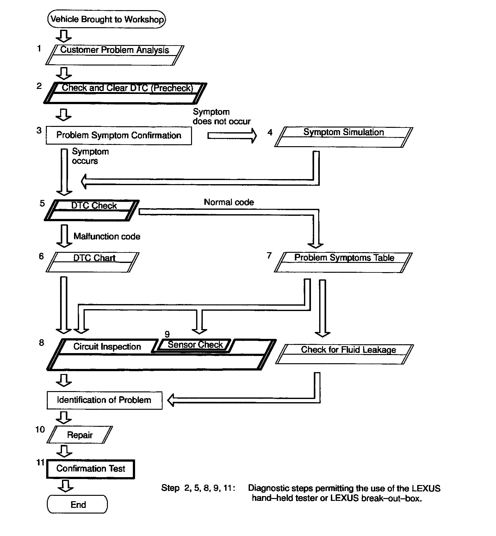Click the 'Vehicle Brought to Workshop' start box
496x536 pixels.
(x=106, y=19)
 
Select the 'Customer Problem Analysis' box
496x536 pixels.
(x=115, y=55)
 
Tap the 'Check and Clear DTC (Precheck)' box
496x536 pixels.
(x=125, y=93)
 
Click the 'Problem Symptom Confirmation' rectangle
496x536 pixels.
(x=119, y=135)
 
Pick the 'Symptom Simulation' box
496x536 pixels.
(x=344, y=137)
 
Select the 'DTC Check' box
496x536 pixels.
(x=92, y=210)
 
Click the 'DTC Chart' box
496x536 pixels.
(x=93, y=262)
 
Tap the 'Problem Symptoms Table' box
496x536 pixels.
(x=344, y=262)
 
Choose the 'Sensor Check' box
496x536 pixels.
(x=195, y=345)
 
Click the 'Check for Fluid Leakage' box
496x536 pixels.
(x=345, y=354)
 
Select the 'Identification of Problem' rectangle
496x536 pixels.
(x=104, y=400)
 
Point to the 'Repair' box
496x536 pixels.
(x=80, y=435)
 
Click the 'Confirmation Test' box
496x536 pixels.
(x=90, y=469)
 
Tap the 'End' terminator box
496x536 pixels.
(x=77, y=504)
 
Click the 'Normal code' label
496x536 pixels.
(x=229, y=202)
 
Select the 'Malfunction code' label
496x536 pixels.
(x=107, y=236)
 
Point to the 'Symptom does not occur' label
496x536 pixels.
(x=221, y=117)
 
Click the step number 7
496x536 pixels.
(x=269, y=255)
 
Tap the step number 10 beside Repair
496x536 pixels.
(x=40, y=429)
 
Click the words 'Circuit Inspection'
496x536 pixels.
(x=107, y=346)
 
